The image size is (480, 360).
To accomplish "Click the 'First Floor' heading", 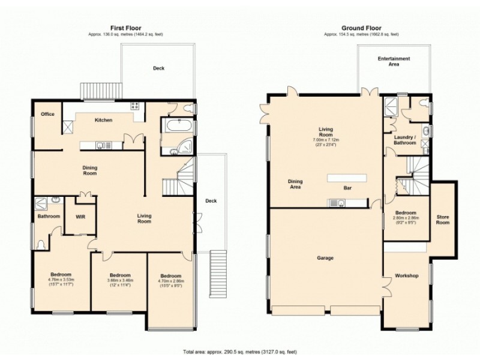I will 125,28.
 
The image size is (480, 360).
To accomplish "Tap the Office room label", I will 47,114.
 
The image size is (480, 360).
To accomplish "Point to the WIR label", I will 79,216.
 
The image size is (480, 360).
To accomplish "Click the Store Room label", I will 443,220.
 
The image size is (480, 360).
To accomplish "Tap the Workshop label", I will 406,276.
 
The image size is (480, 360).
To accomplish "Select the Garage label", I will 326,258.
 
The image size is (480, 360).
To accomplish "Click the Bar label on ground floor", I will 347,188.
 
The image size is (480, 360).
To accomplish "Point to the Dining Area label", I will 295,184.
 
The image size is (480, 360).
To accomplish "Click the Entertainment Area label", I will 394,61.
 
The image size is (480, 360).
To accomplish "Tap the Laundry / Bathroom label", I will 404,140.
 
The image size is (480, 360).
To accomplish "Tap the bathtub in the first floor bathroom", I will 177,127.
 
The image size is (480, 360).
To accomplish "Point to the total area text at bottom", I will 240,352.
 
